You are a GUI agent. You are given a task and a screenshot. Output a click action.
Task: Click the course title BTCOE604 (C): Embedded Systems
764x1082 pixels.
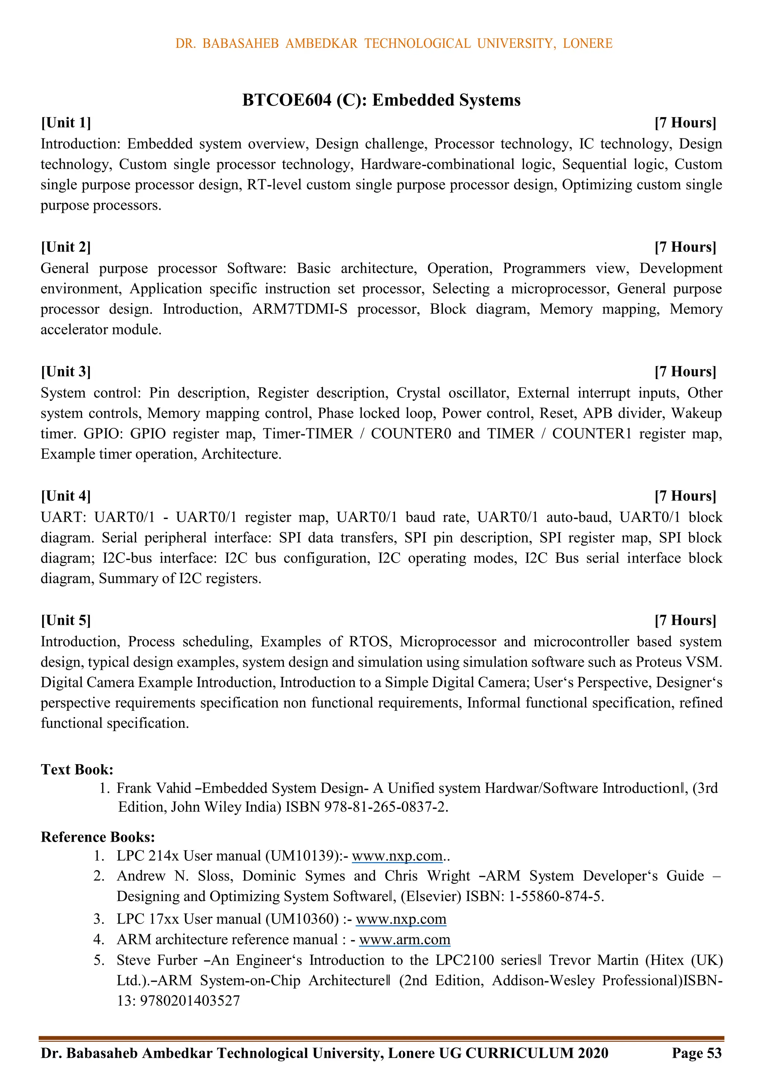point(381,100)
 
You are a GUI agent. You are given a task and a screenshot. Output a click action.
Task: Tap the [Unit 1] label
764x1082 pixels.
point(66,122)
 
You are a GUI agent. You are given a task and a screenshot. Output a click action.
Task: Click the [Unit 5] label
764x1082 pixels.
point(66,620)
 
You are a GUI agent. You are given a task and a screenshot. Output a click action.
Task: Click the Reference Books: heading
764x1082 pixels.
point(98,836)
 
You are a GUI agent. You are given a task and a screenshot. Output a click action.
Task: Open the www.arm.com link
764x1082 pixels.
point(404,939)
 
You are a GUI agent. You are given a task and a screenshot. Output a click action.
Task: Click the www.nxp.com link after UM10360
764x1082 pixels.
point(401,919)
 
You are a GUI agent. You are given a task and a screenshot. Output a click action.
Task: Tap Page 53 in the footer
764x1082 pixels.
point(696,1053)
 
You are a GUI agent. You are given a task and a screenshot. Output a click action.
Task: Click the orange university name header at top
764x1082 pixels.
point(394,43)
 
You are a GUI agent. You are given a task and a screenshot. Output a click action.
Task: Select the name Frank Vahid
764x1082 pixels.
point(154,788)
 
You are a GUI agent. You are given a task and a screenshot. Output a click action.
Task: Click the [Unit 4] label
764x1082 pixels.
point(66,496)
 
